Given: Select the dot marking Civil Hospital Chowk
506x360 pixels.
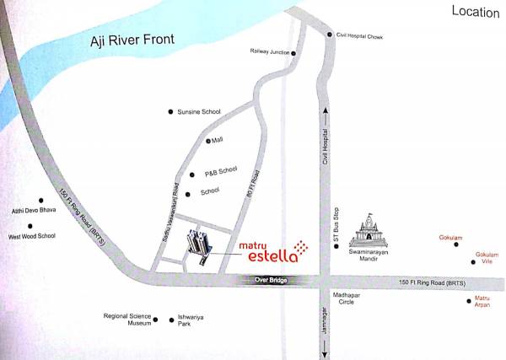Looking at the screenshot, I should tap(330, 35).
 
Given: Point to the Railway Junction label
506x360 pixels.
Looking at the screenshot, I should tap(269, 51).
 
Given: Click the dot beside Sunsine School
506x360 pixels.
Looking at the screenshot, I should tap(170, 111).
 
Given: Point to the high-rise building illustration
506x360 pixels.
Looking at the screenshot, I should tap(200, 244).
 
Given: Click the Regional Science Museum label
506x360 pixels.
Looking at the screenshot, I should tap(126, 320).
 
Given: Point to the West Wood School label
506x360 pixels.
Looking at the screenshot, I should tap(31, 236).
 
